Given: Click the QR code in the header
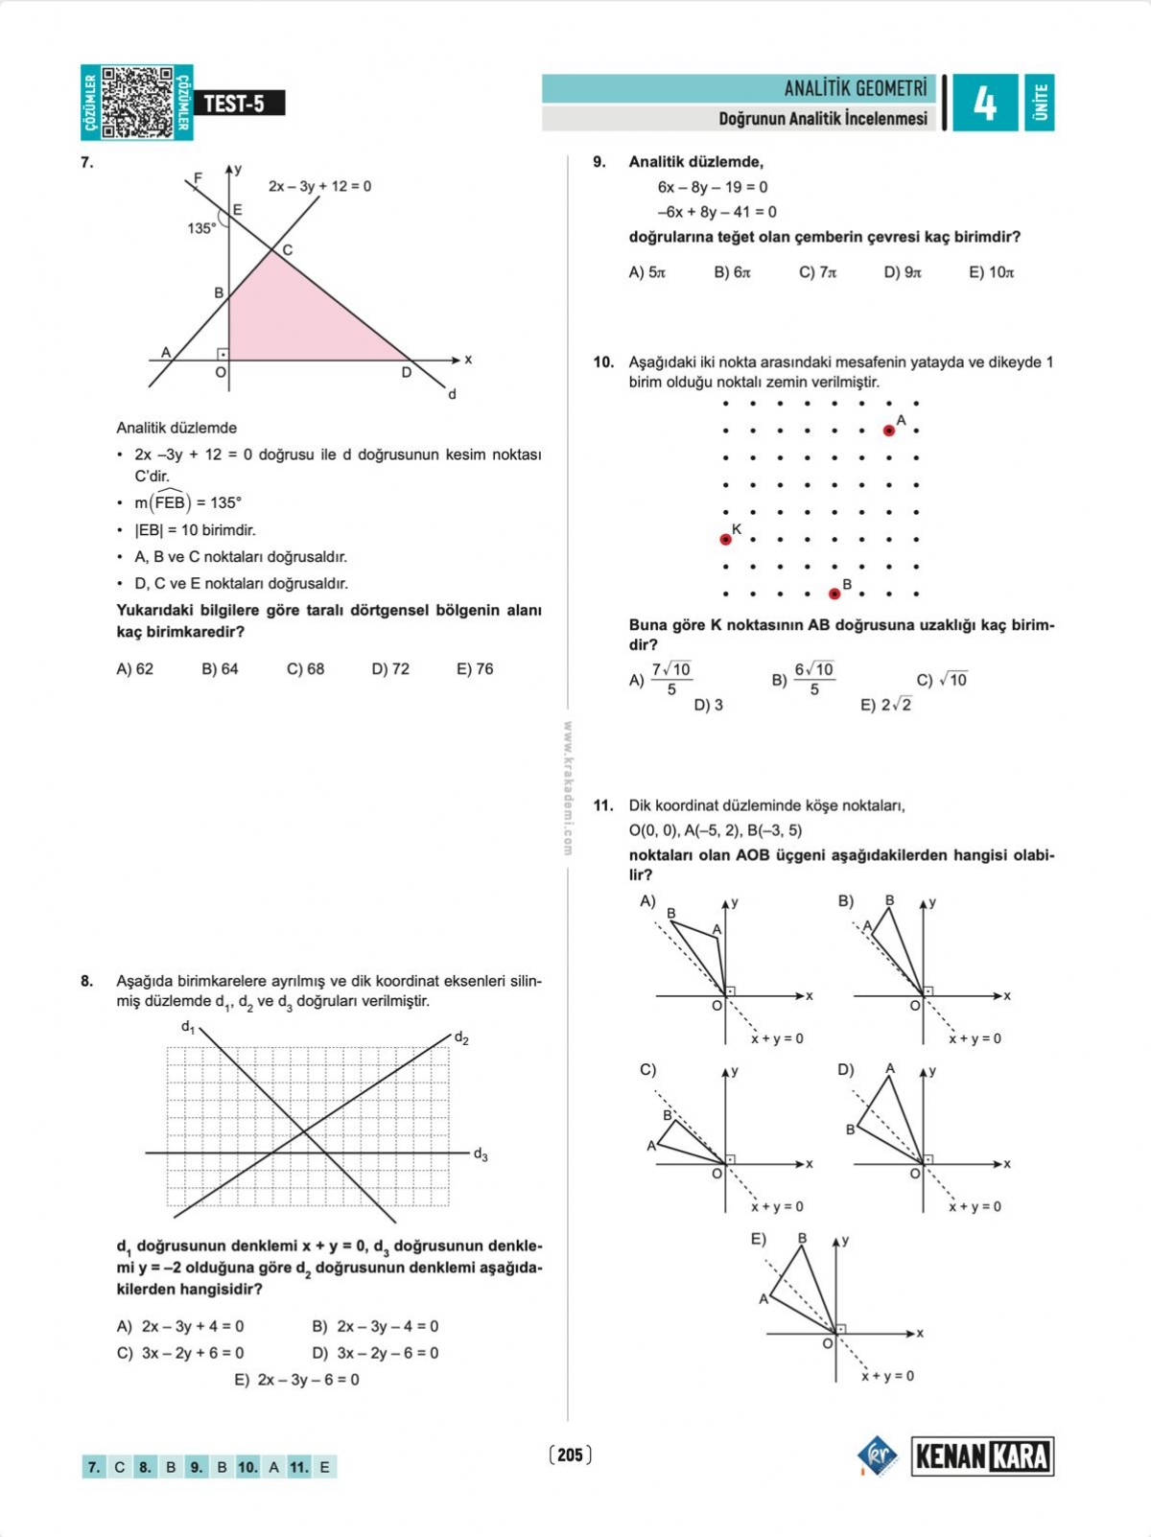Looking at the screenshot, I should (137, 102).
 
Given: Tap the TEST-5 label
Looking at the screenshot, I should (234, 104).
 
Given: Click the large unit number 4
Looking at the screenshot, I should (984, 103).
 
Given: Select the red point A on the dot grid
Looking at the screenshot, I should (889, 431).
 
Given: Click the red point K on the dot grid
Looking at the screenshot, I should (726, 540).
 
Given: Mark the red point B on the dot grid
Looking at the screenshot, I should (834, 594).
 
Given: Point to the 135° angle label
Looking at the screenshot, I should (201, 228).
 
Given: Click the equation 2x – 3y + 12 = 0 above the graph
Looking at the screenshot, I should (319, 186).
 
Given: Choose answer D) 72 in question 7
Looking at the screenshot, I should (390, 669).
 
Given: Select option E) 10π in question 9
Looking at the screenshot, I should (991, 272).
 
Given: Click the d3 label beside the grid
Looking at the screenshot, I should (481, 1155).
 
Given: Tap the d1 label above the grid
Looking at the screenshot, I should (188, 1027).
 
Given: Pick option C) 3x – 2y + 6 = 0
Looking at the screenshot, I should (180, 1353).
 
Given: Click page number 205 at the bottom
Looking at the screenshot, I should (570, 1455).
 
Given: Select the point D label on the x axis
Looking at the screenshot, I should (407, 373).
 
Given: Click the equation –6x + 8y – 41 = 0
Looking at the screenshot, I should (716, 212).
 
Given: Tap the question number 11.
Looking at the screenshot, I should (602, 805).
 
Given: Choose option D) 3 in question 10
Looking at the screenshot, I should (708, 705).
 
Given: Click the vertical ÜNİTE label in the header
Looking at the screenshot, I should (1040, 103).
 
